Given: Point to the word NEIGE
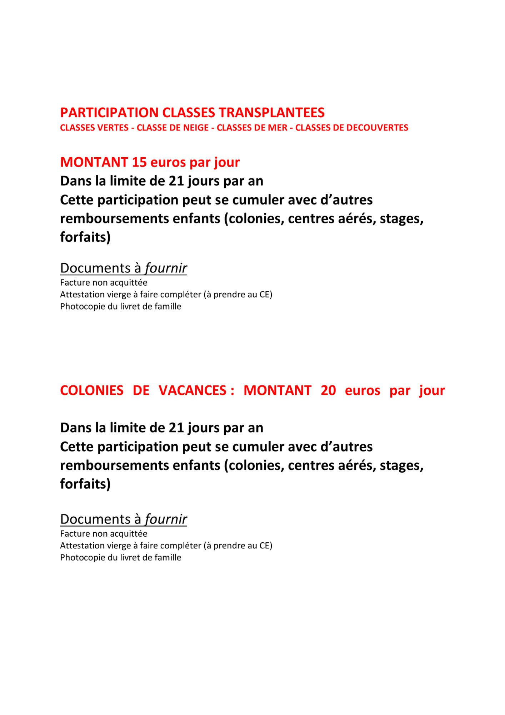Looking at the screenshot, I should click(x=196, y=128).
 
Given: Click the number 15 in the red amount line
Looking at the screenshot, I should click(x=139, y=162).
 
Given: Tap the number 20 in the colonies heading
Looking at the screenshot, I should click(x=328, y=390).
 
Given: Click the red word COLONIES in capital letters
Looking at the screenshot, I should click(x=92, y=390).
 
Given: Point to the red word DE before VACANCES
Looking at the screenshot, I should click(x=141, y=390).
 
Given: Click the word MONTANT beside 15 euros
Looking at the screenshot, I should click(x=94, y=162).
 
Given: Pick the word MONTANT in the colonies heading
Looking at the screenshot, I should click(x=277, y=390).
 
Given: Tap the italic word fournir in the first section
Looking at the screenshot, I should click(x=166, y=268).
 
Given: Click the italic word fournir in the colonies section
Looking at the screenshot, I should click(x=166, y=519).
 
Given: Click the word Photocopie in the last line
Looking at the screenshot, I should click(x=82, y=557).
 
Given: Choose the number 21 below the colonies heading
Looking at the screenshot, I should click(x=176, y=428).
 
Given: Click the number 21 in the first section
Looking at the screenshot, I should click(x=176, y=181).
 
